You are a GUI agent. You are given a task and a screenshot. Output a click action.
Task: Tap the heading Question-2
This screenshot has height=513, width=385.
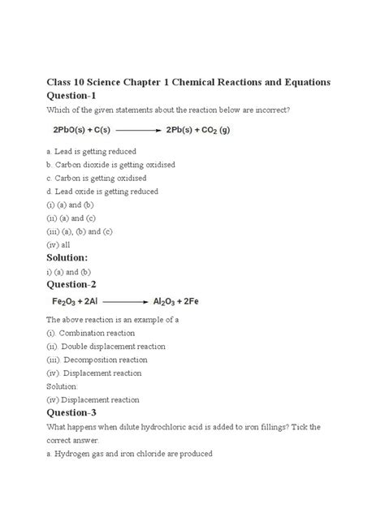click(70, 285)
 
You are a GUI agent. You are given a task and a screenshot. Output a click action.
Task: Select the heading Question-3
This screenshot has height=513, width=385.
click(70, 413)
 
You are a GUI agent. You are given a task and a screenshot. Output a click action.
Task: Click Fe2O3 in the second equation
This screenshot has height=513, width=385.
click(69, 301)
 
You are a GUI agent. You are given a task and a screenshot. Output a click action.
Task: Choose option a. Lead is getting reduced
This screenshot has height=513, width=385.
click(90, 151)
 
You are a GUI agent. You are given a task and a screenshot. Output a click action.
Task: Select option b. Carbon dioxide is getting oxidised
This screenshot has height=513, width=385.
click(110, 165)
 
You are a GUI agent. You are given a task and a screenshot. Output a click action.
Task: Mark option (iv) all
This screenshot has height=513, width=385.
click(58, 244)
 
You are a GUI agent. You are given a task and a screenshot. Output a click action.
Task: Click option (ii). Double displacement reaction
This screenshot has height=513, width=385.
click(106, 347)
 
